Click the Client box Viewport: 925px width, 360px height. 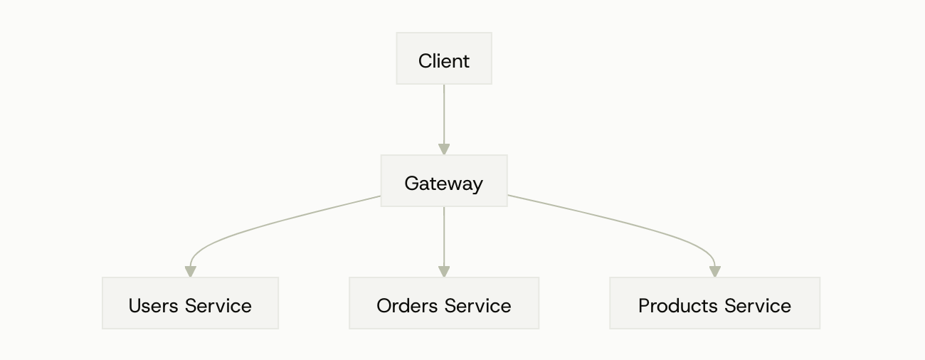coord(444,58)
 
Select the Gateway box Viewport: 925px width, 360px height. coord(444,181)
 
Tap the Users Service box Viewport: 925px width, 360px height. coord(190,303)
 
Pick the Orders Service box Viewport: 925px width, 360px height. coord(444,303)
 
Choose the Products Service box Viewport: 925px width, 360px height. coord(714,303)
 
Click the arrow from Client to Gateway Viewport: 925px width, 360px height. coord(444,114)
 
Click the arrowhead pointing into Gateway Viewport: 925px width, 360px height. coord(444,149)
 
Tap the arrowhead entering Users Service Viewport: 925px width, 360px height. coord(190,272)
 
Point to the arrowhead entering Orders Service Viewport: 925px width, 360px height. coord(444,272)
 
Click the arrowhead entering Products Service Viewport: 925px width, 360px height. coord(714,272)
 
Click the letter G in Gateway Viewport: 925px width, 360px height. coord(411,184)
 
